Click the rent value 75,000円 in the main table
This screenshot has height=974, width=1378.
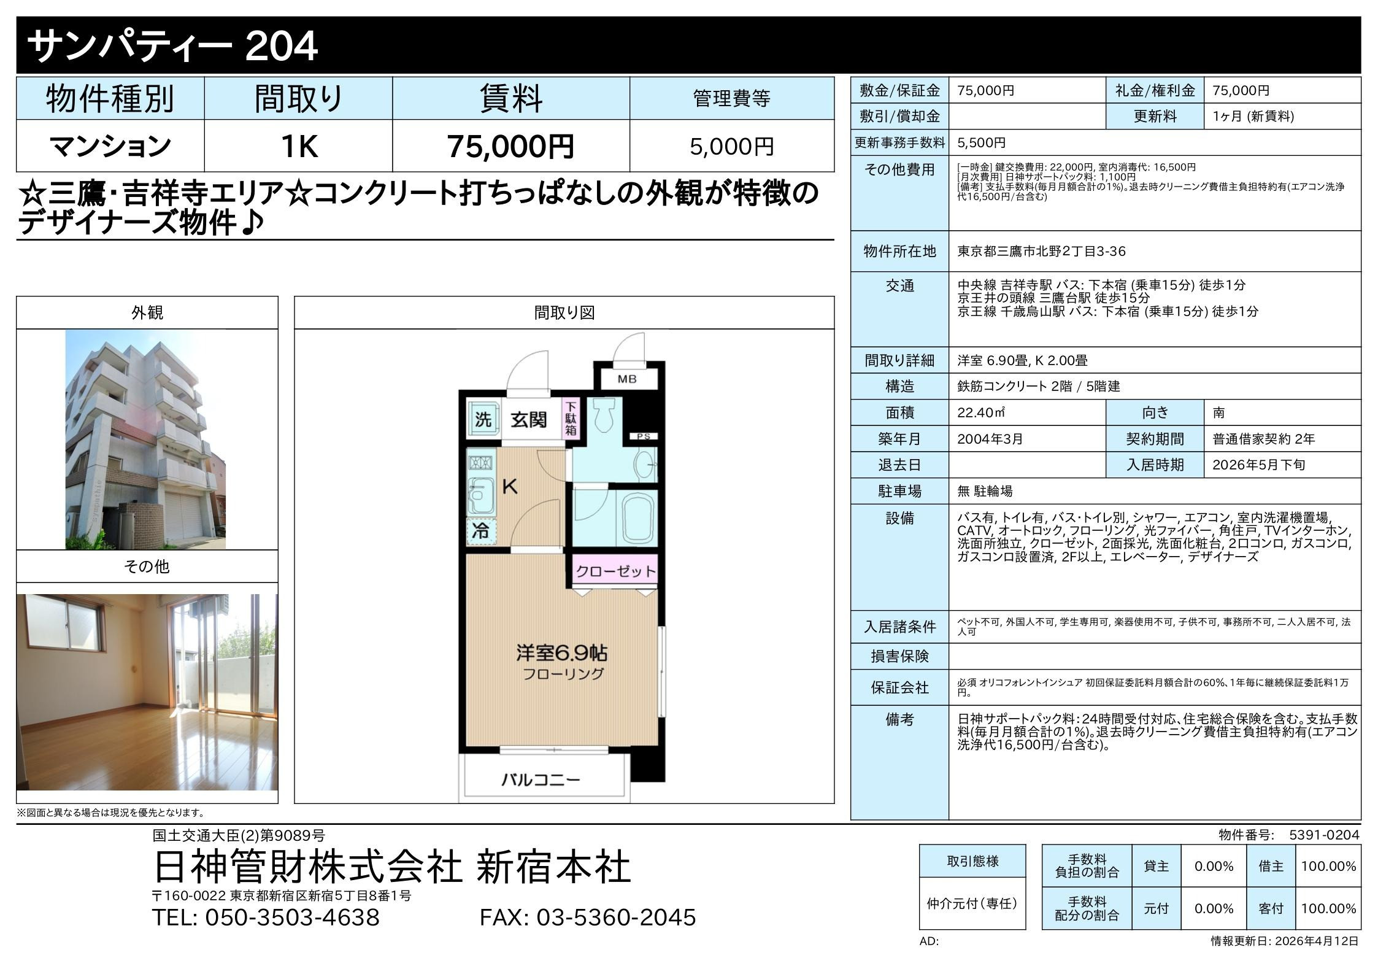510,146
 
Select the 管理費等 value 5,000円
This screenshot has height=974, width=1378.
732,147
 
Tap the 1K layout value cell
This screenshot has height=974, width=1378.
299,146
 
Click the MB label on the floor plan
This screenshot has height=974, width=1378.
627,379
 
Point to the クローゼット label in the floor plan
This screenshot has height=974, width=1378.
615,572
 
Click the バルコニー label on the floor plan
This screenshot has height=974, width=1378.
541,780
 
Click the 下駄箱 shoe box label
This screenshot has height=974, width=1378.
571,418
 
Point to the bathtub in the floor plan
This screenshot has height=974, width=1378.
640,517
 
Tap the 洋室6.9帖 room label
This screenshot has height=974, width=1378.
562,652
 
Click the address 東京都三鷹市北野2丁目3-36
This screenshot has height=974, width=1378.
1041,252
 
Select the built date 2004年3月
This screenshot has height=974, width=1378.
990,439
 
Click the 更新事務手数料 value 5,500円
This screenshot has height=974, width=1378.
982,143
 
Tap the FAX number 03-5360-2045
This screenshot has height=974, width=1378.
617,918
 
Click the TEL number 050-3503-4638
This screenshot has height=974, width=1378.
292,918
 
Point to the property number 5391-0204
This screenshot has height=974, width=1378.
1324,835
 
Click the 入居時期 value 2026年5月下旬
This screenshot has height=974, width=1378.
1259,465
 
